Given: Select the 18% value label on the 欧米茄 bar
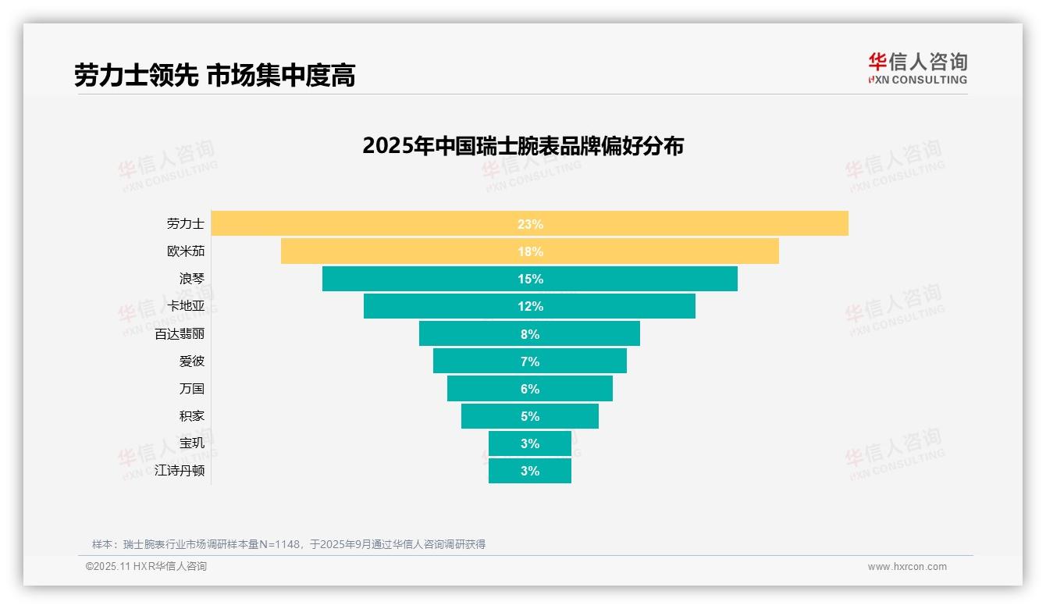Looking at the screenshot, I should point(530,251).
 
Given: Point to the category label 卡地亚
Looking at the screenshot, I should point(186,306).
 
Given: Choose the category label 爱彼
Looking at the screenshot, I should point(191,361).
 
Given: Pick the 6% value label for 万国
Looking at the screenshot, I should point(530,389).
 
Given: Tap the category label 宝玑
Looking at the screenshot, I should point(191,443).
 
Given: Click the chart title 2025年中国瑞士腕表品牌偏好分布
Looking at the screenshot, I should point(522,146).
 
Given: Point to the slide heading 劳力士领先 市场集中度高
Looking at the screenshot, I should point(215,76).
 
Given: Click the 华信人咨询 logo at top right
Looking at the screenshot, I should point(917,68).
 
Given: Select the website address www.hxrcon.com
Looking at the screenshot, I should point(906,567).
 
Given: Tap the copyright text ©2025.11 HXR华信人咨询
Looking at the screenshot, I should point(146,567).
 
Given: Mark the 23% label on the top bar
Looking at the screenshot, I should point(530,224).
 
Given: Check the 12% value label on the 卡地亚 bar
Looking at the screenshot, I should point(530,306).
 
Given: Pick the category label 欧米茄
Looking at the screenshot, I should point(186,251).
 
